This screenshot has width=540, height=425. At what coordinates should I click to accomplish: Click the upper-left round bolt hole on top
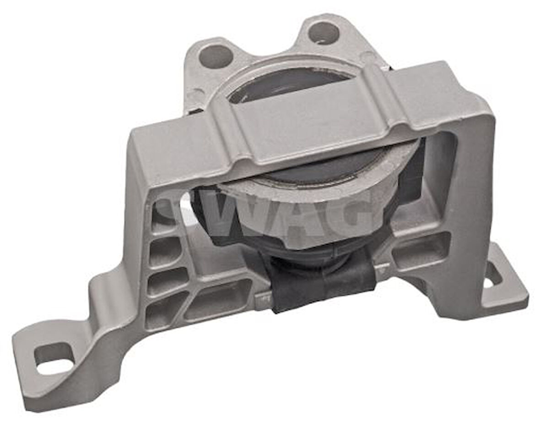[x=216, y=56]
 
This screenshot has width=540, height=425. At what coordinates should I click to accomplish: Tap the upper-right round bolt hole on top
[x=323, y=33]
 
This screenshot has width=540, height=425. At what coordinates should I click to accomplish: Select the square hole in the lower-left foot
[x=54, y=358]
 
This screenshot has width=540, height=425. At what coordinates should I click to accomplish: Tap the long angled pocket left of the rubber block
[x=220, y=298]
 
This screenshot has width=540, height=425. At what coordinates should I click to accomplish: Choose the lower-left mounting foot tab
[x=50, y=367]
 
